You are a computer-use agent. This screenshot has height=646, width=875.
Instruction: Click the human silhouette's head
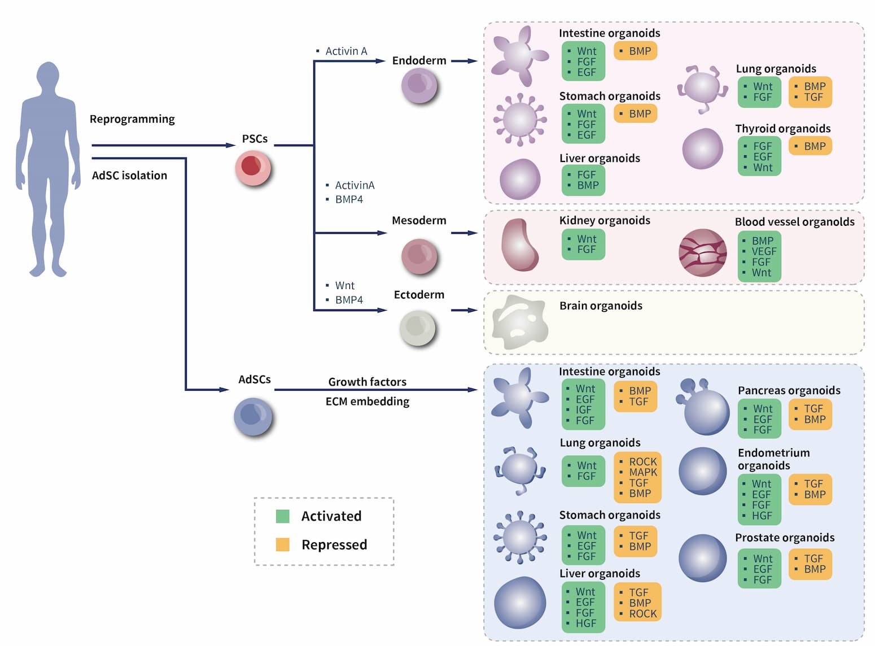pyautogui.click(x=48, y=76)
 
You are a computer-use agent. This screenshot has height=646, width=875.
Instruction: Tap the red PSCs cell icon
pyautogui.click(x=253, y=168)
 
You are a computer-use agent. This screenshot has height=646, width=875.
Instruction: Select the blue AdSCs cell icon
pyautogui.click(x=253, y=417)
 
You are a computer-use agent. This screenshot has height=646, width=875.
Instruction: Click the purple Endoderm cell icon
pyautogui.click(x=419, y=86)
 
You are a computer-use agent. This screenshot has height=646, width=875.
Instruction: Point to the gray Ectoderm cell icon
pyautogui.click(x=418, y=328)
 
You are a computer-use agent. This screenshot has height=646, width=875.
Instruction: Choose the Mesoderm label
pyautogui.click(x=419, y=220)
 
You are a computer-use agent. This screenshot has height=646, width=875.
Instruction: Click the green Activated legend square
pyautogui.click(x=283, y=516)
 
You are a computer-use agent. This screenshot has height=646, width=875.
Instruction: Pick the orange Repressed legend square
pyautogui.click(x=283, y=544)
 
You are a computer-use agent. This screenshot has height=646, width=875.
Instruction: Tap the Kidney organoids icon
pyautogui.click(x=519, y=245)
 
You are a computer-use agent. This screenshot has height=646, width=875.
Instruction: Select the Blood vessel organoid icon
pyautogui.click(x=702, y=252)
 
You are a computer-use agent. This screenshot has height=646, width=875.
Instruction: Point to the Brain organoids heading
pyautogui.click(x=601, y=305)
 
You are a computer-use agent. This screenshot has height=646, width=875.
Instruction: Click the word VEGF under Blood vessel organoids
pyautogui.click(x=764, y=251)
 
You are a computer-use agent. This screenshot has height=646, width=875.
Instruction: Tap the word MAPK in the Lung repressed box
pyautogui.click(x=643, y=472)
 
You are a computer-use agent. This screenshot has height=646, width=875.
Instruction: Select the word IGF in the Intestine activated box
pyautogui.click(x=584, y=410)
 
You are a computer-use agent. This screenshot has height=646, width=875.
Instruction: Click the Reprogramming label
pyautogui.click(x=132, y=119)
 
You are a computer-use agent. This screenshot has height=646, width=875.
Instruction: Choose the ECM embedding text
pyautogui.click(x=368, y=401)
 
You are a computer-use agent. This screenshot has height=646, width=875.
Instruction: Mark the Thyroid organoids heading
pyautogui.click(x=782, y=129)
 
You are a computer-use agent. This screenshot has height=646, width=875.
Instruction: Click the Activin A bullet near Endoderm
pyautogui.click(x=345, y=51)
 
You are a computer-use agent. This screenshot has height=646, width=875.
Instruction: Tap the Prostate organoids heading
pyautogui.click(x=785, y=538)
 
